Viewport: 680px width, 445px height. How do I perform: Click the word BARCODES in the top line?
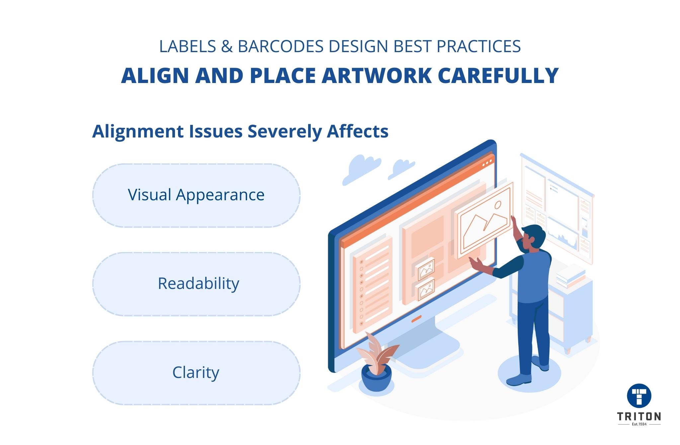(281, 47)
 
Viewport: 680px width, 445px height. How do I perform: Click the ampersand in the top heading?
(226, 47)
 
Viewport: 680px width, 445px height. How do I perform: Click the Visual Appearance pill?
(196, 195)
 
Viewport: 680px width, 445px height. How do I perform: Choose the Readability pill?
(196, 284)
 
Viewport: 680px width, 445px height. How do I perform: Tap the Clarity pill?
(196, 373)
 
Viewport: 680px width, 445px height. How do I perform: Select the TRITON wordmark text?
(639, 416)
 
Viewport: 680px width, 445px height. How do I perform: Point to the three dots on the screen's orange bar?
(487, 164)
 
